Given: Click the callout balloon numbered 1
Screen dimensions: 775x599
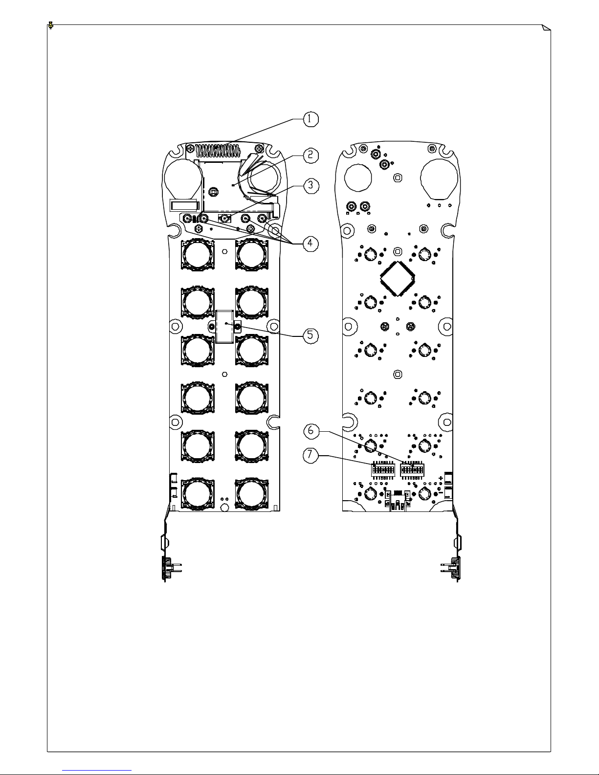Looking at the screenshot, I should pos(310,119).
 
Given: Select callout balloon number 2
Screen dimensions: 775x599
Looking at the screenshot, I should pos(310,155).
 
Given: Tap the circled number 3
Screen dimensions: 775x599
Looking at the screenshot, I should pos(310,185).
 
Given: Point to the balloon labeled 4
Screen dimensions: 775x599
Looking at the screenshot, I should pos(310,243).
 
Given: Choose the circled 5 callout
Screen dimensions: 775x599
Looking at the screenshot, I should pos(310,335).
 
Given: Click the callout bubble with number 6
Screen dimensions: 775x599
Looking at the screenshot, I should pos(311,431).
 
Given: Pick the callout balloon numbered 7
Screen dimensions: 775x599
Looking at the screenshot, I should pos(310,455).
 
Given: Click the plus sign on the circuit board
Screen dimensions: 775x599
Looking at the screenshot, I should pos(441,478).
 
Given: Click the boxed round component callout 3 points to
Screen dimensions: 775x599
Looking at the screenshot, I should pos(225,219).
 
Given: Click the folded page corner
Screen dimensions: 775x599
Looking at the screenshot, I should pos(547,27).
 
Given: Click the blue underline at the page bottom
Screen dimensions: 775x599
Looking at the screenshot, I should pos(97,770).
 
